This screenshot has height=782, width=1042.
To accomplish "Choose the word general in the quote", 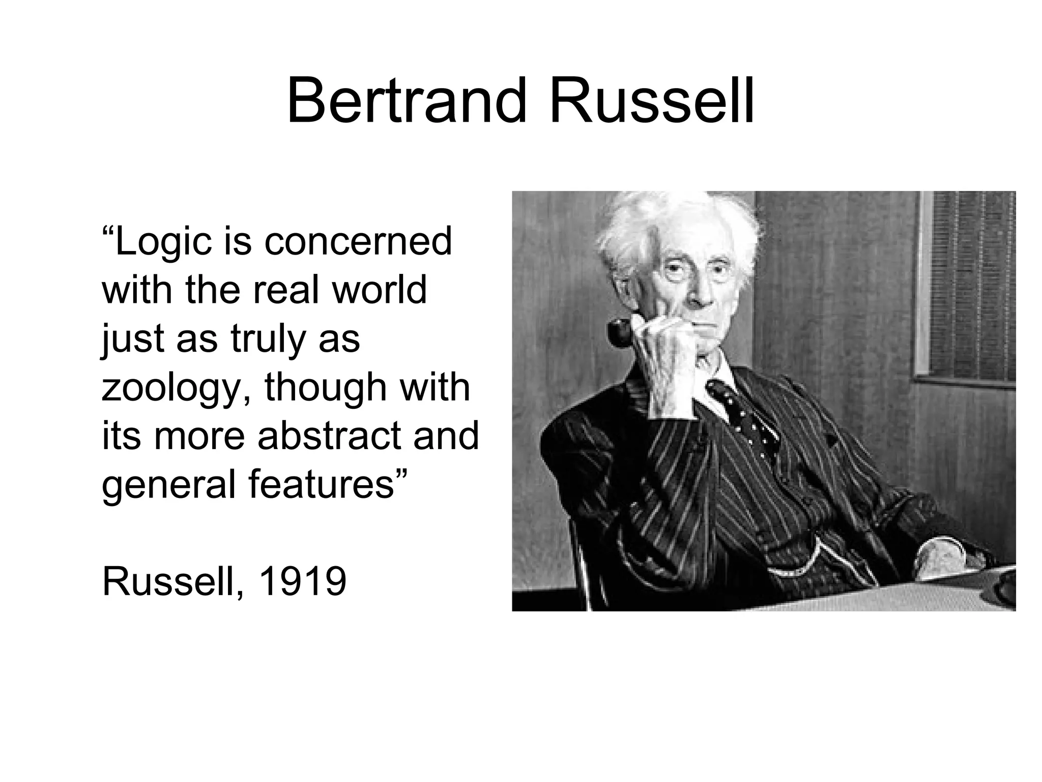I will point(170,485).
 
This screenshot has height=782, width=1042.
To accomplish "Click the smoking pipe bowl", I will point(620,333).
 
